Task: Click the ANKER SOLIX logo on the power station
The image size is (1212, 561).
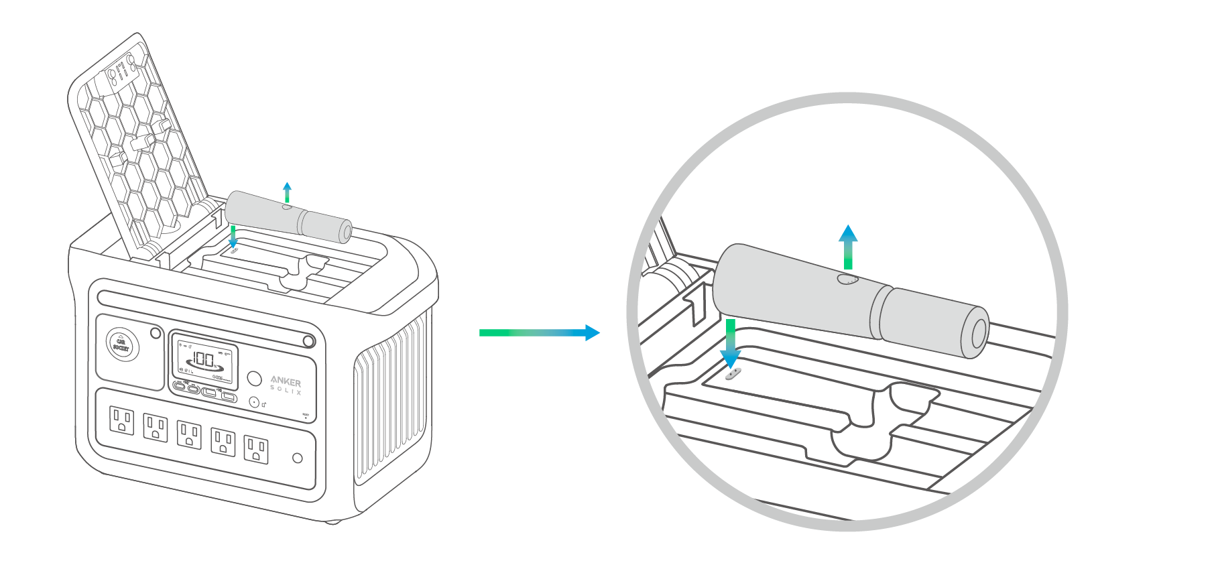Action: click(x=286, y=384)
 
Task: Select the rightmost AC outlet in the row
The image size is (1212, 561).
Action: click(x=256, y=449)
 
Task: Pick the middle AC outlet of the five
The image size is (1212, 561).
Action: click(x=189, y=435)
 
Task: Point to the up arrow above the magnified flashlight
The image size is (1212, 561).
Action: click(x=848, y=247)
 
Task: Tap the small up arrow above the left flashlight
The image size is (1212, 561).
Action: click(x=287, y=192)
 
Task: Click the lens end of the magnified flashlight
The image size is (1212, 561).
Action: click(x=978, y=333)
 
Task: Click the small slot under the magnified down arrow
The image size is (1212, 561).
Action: click(x=733, y=373)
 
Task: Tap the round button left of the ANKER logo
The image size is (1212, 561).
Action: click(x=254, y=378)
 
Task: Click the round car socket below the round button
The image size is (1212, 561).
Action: click(x=254, y=402)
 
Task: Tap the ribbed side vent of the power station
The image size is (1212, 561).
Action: click(x=389, y=402)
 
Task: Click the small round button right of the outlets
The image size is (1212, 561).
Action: click(x=298, y=458)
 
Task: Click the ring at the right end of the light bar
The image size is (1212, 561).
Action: click(x=308, y=341)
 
